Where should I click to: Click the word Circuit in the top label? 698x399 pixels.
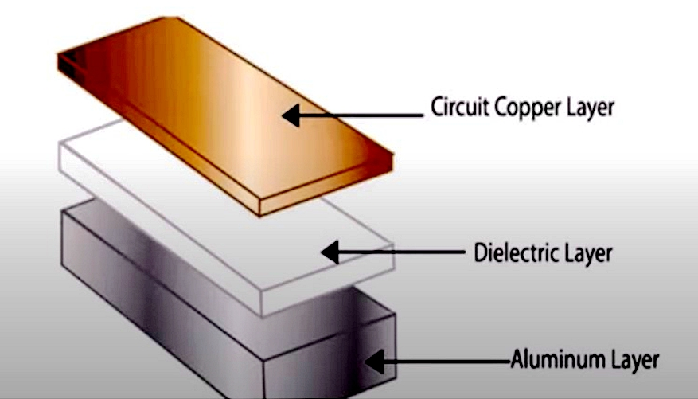click(456, 107)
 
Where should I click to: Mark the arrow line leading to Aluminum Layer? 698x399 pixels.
click(446, 362)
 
